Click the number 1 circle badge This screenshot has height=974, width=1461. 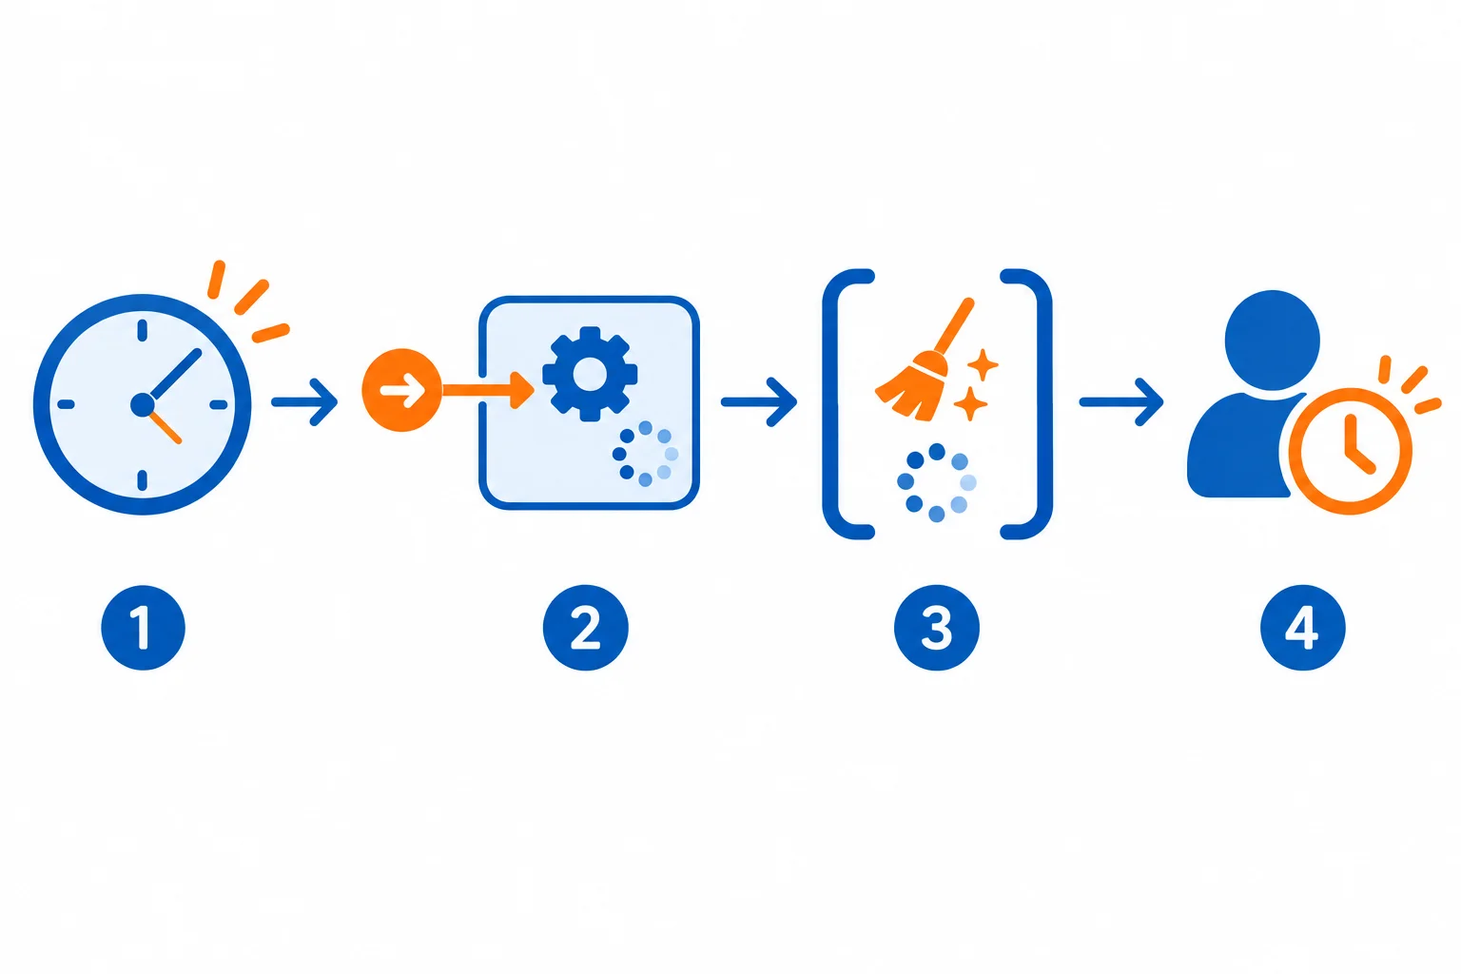(x=144, y=628)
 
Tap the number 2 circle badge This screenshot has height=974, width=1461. (x=585, y=628)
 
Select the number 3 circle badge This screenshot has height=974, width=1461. (x=937, y=628)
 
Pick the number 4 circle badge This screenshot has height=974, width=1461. (x=1302, y=628)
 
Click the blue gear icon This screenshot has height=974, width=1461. (x=590, y=374)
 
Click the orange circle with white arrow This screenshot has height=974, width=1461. (x=401, y=390)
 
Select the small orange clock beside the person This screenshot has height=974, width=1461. (x=1350, y=451)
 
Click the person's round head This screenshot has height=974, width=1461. (x=1273, y=340)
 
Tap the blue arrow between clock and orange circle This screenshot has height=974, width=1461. (x=304, y=401)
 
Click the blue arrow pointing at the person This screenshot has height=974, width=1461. (x=1121, y=401)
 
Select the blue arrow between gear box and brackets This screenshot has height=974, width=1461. (x=758, y=401)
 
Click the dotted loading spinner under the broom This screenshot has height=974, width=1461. (x=937, y=483)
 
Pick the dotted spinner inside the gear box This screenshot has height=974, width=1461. (x=645, y=454)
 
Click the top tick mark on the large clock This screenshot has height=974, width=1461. (x=142, y=331)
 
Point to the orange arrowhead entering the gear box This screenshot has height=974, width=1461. (x=522, y=390)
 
